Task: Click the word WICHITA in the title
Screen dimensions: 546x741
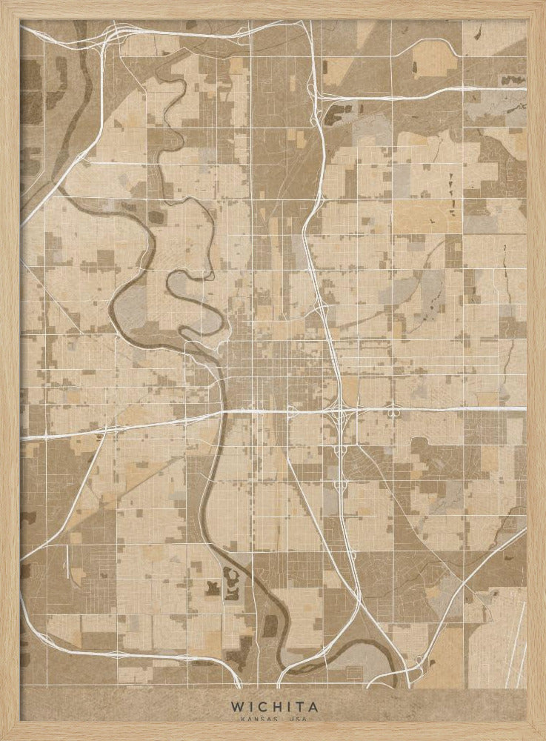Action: click(273, 707)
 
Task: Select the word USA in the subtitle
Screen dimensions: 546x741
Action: click(298, 720)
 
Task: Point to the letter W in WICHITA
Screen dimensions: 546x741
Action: click(236, 707)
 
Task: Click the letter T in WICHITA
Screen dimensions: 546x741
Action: click(297, 707)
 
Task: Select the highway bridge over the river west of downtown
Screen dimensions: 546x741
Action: click(218, 413)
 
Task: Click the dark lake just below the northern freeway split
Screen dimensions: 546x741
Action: click(336, 116)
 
